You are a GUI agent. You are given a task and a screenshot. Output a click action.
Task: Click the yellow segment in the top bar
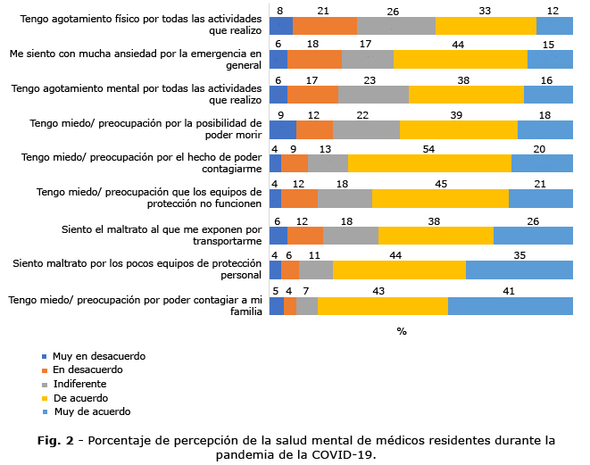[x=486, y=26]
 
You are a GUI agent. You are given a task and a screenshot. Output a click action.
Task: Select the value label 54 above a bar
[x=428, y=149]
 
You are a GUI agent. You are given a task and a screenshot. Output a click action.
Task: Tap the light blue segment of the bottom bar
[x=510, y=306]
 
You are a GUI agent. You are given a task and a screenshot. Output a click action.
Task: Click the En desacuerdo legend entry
[x=87, y=370]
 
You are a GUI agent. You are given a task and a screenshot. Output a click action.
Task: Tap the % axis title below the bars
[x=402, y=331]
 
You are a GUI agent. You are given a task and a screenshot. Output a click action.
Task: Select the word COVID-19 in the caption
[x=345, y=453]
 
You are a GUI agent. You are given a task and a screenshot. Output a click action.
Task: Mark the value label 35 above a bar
[x=519, y=253]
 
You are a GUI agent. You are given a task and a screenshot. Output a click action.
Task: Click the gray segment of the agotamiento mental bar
[x=373, y=94]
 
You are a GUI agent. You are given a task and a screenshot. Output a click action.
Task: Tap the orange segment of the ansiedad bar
[x=314, y=60]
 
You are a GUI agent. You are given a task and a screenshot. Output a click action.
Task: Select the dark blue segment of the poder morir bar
[x=282, y=129]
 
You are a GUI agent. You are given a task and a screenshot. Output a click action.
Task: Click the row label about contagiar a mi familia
[x=135, y=305]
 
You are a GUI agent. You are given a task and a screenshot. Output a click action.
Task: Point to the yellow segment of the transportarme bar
[x=436, y=236]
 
